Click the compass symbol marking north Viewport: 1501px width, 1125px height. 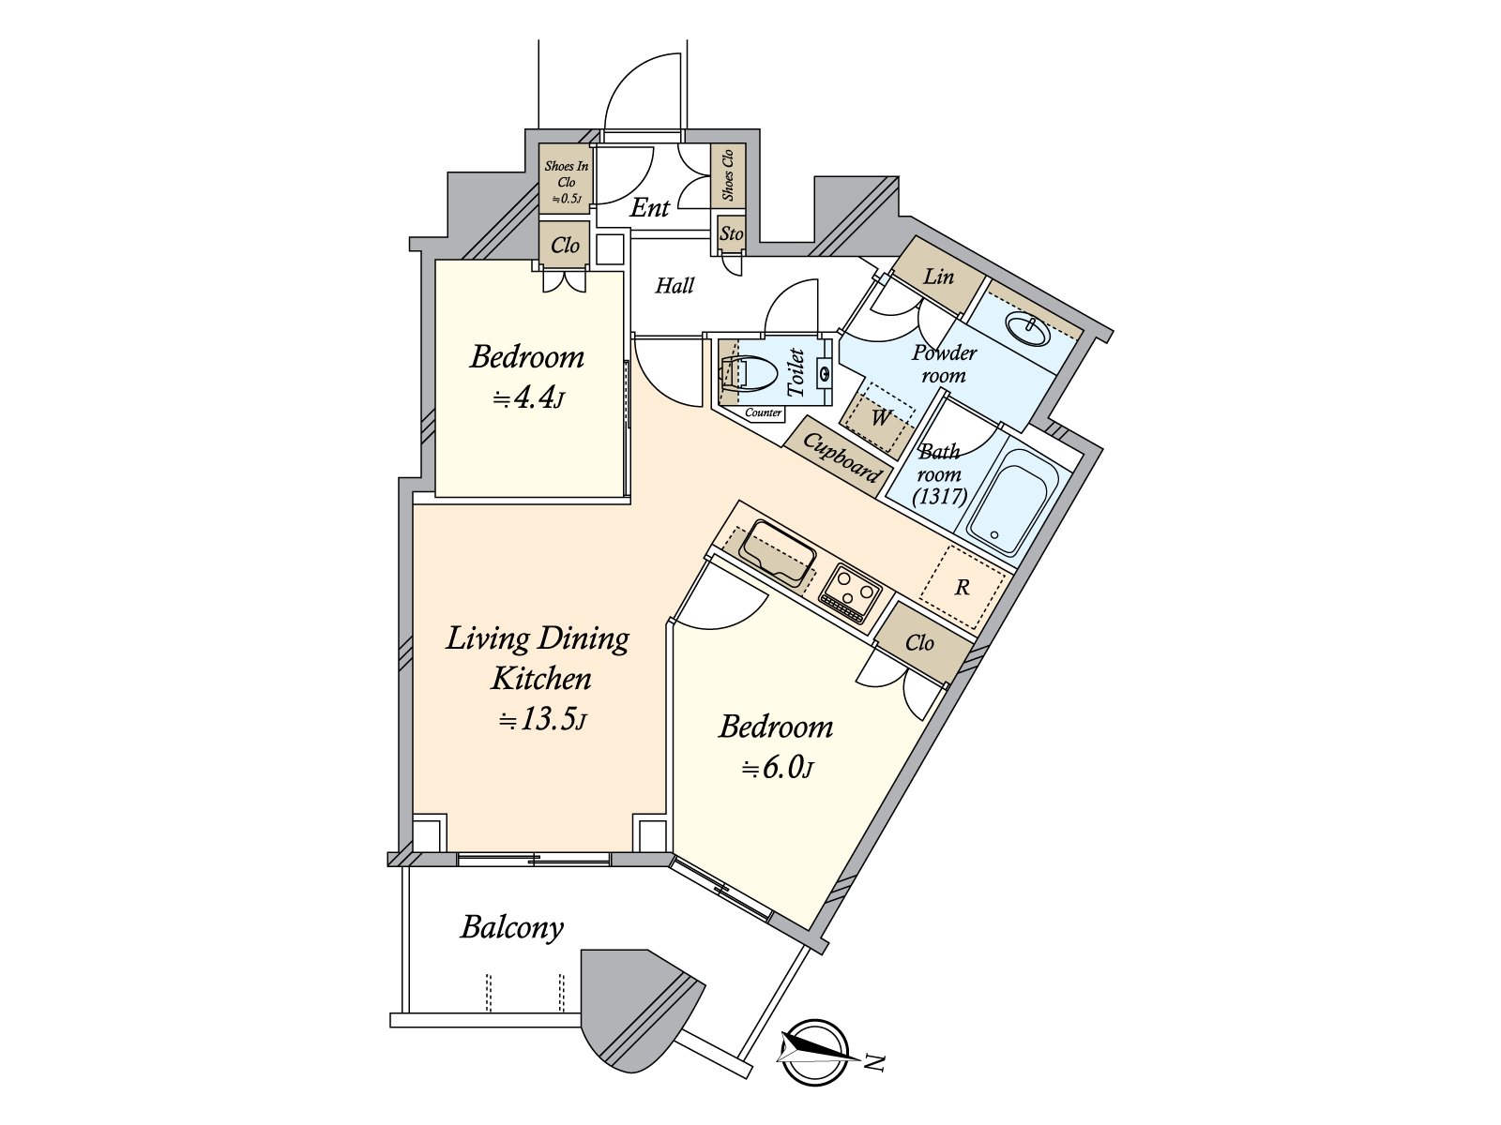point(814,1053)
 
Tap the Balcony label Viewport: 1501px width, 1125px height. point(512,928)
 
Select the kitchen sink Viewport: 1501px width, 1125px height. point(778,553)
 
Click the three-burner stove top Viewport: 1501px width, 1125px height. point(851,593)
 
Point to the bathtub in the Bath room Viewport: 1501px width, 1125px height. point(1013,502)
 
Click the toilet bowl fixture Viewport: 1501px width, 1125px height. point(749,374)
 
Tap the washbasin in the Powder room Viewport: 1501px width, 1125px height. point(1027,330)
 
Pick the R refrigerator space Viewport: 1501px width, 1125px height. point(963,588)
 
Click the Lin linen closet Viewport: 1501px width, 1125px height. point(938,277)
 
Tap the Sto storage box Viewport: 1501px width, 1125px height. point(731,233)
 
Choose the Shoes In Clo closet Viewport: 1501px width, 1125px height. point(566,182)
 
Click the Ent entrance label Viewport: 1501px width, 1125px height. point(649,208)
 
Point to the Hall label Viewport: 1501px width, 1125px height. point(674,286)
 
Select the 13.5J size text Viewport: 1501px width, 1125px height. point(542,721)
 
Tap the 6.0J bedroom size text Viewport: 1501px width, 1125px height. point(778,769)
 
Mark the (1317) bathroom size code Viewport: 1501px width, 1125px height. point(940,497)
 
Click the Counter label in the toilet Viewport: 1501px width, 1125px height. point(764,413)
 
